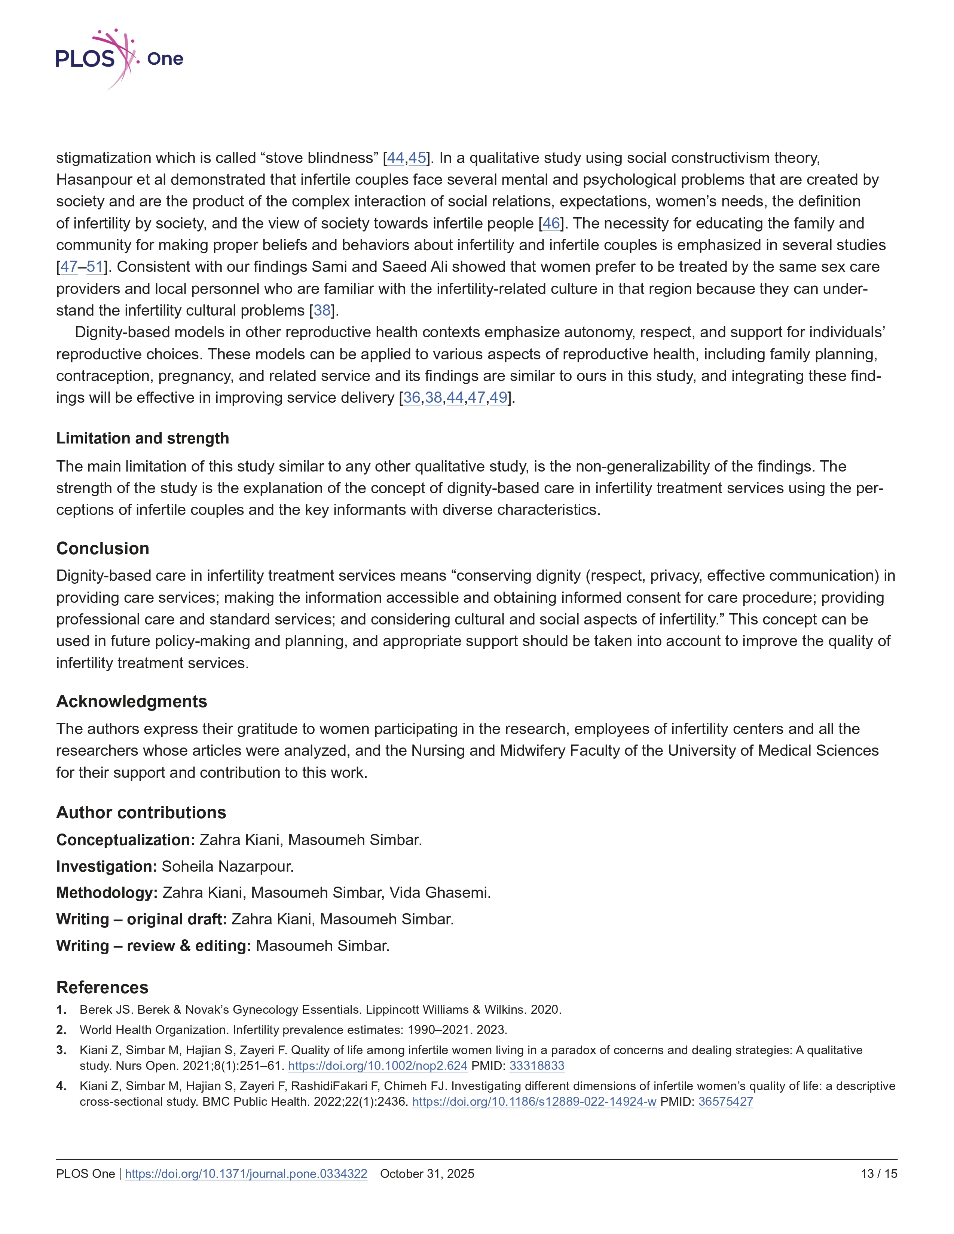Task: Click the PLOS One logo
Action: [x=119, y=59]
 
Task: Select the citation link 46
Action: [x=551, y=223]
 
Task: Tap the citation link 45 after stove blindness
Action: [x=417, y=158]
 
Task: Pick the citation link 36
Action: [x=412, y=398]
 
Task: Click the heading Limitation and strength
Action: [x=143, y=439]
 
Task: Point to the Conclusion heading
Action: [x=103, y=548]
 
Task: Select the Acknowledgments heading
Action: [x=132, y=701]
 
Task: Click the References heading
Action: [x=102, y=987]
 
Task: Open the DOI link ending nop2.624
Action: [x=377, y=1066]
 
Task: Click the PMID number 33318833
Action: [x=537, y=1066]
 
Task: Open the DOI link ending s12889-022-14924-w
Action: [x=534, y=1101]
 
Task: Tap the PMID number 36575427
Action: [x=726, y=1101]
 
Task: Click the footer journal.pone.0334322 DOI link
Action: [x=246, y=1173]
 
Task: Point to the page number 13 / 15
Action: [x=879, y=1173]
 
